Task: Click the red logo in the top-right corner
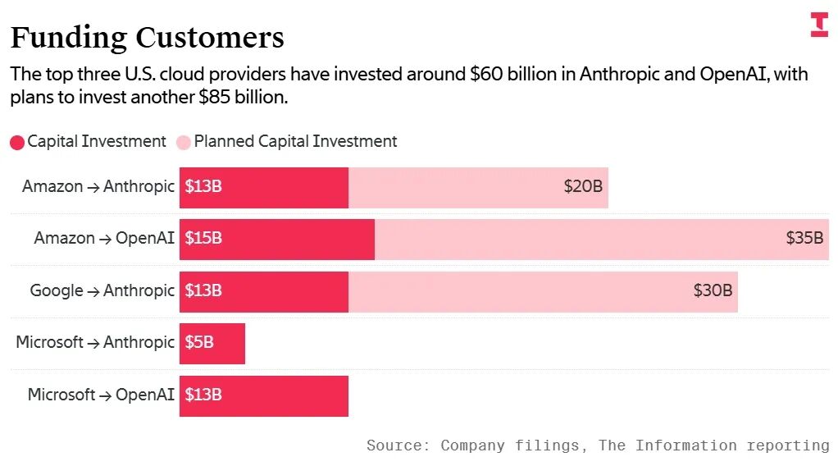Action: click(819, 25)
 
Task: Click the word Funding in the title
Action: click(69, 38)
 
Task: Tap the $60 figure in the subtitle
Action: click(486, 74)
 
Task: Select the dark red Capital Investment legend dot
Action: click(17, 143)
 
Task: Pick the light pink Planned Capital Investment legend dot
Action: click(184, 143)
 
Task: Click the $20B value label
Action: click(583, 187)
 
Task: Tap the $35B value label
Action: click(804, 238)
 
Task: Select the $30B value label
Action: click(713, 290)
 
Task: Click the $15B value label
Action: click(203, 238)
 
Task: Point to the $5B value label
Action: click(199, 342)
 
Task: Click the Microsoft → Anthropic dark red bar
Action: click(212, 344)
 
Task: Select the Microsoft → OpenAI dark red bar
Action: click(264, 396)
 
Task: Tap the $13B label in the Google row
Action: click(203, 290)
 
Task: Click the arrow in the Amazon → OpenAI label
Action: click(105, 239)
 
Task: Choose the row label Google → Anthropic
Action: click(102, 290)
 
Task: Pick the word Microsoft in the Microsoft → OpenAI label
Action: click(61, 395)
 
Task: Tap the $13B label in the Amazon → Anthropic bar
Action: click(203, 187)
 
